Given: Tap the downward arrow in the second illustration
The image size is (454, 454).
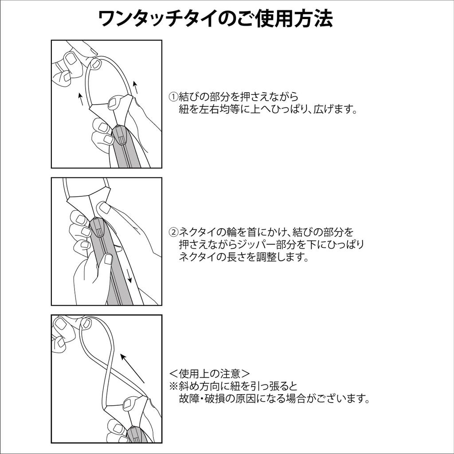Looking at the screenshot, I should click(x=129, y=276).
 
